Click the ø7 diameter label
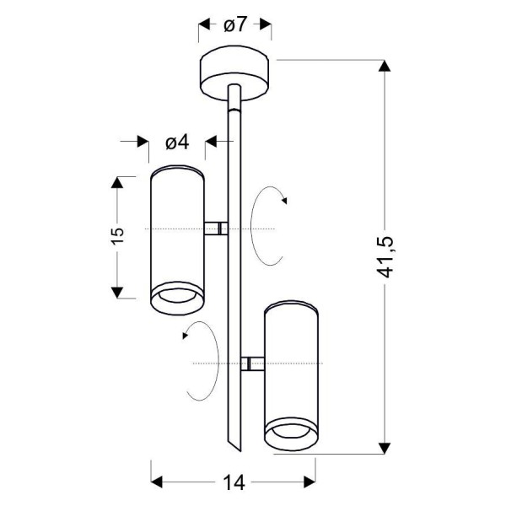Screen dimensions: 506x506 click(235, 24)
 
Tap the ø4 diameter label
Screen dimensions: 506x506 click(176, 143)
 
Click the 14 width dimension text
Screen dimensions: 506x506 click(234, 483)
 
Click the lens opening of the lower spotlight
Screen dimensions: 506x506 click(291, 436)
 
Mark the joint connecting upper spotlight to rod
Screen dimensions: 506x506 click(218, 229)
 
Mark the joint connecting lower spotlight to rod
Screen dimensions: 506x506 click(249, 363)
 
